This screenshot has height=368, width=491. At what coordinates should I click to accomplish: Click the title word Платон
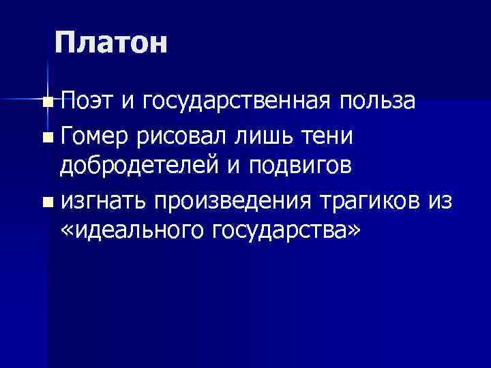click(110, 44)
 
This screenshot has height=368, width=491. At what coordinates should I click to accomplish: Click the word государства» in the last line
click(285, 233)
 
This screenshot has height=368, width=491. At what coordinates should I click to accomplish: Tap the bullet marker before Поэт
click(46, 104)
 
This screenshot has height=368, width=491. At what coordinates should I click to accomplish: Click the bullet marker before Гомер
click(46, 138)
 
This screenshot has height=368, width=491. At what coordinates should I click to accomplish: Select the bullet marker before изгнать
click(46, 202)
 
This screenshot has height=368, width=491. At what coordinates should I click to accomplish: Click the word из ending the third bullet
click(442, 202)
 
